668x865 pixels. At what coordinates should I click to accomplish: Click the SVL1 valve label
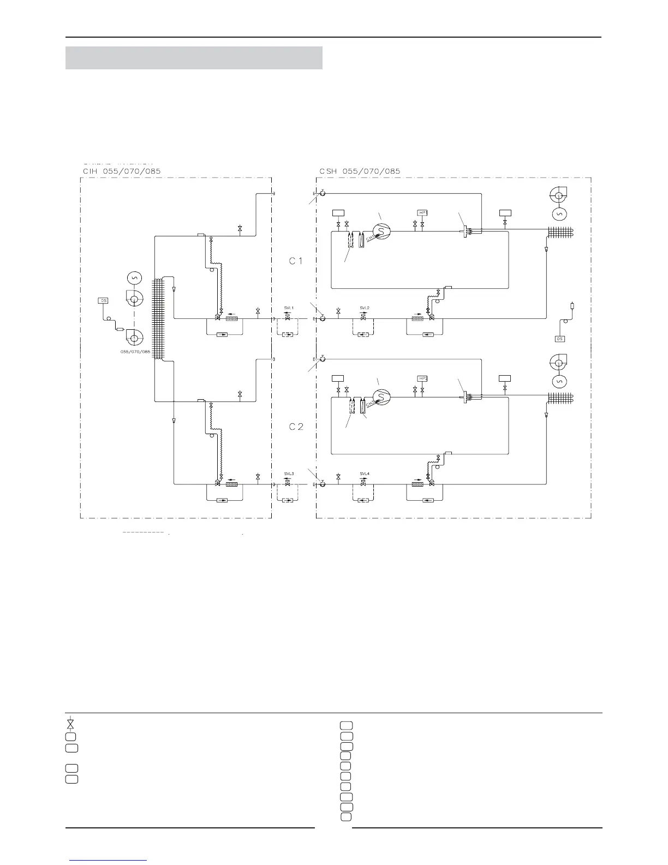(x=289, y=308)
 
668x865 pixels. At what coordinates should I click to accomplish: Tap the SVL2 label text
(x=365, y=308)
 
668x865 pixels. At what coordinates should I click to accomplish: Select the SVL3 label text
(x=289, y=473)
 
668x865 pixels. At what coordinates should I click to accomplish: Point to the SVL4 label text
(x=365, y=473)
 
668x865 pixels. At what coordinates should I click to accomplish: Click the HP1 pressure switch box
(x=422, y=212)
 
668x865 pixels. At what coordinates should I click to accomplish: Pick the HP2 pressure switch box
(x=422, y=378)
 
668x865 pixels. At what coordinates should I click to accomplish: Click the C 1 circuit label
(x=296, y=261)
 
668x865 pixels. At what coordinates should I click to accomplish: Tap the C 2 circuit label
(x=296, y=426)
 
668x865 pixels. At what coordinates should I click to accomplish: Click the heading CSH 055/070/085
(x=359, y=171)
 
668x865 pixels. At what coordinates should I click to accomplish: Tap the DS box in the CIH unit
(x=103, y=300)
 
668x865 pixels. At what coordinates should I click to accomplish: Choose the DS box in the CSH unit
(x=559, y=339)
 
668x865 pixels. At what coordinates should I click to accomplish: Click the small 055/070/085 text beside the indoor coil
(x=135, y=352)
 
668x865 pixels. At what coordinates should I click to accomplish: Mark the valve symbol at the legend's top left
(x=70, y=724)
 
